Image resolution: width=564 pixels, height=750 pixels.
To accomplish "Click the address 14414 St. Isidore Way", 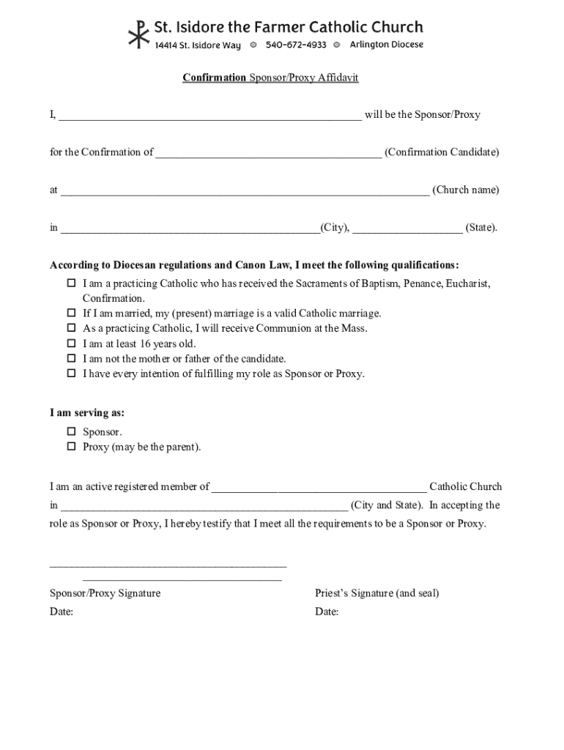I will (x=197, y=45).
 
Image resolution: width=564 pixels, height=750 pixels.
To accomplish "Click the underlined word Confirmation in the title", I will (x=214, y=78).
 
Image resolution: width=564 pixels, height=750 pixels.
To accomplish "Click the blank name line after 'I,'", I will (x=209, y=116).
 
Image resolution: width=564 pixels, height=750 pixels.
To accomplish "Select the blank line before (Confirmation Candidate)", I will (x=268, y=153).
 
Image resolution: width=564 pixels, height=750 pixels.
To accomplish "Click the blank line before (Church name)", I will (x=245, y=190).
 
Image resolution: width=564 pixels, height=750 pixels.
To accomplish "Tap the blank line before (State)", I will (x=407, y=228).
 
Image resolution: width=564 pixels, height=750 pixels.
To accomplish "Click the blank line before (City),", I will (x=190, y=228).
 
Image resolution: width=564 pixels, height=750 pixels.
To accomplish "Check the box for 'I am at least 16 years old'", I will (x=72, y=344).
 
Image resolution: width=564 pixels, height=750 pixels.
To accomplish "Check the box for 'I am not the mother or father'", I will (x=72, y=359).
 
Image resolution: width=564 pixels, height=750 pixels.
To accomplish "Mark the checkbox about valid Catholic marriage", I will (x=72, y=313).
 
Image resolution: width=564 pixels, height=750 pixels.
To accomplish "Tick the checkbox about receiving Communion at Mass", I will (x=72, y=328).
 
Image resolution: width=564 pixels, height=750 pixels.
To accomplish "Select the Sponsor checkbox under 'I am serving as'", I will (x=72, y=432).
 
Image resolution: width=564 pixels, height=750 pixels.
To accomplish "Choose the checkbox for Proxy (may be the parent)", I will (x=72, y=447).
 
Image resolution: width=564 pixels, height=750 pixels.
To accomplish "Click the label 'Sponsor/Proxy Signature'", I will (x=105, y=593).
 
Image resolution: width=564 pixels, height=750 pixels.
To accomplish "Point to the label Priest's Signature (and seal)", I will (x=376, y=593).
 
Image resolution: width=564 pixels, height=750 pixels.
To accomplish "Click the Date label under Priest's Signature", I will (x=327, y=612).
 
